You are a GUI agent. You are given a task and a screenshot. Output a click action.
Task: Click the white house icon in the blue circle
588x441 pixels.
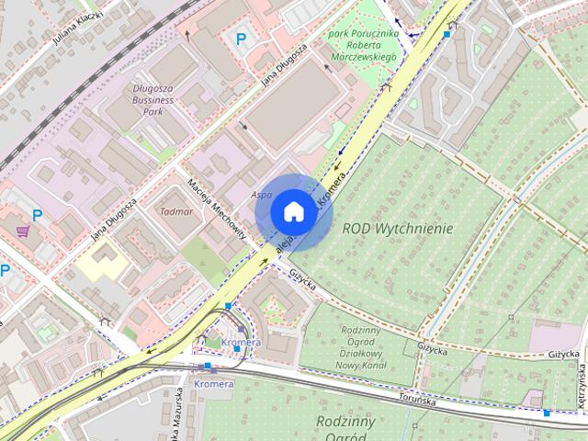[x=291, y=211]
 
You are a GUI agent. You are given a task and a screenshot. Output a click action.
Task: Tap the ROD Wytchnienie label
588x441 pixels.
[x=398, y=227]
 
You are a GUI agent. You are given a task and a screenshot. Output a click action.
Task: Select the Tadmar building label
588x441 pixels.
[x=176, y=211]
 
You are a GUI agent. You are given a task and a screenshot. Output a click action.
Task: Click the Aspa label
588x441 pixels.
[x=261, y=196]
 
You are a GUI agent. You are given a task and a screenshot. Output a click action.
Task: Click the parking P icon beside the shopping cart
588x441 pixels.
[x=38, y=215]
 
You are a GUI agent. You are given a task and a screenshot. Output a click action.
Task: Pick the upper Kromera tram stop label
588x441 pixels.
[x=242, y=343]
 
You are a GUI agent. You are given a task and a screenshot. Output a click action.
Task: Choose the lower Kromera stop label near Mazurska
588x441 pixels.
[x=213, y=383]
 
